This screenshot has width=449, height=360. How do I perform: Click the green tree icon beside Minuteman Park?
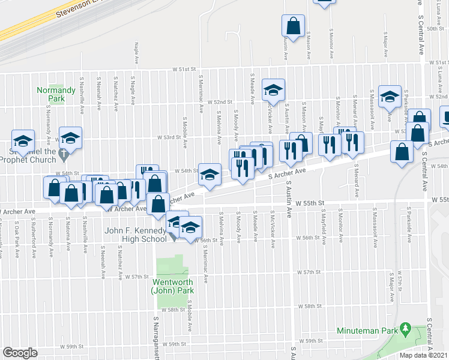pyautogui.click(x=406, y=330)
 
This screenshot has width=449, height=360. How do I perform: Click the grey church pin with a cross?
pyautogui.click(x=64, y=156)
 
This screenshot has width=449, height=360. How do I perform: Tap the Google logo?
pyautogui.click(x=20, y=353)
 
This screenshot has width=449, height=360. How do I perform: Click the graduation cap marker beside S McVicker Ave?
pyautogui.click(x=273, y=90)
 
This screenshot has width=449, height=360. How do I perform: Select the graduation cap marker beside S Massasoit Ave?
pyautogui.click(x=390, y=97)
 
